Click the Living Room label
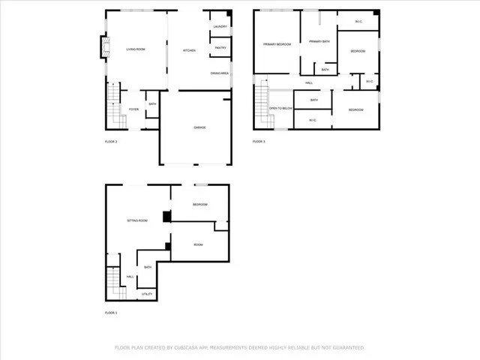pyautogui.click(x=135, y=50)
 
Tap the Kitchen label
pyautogui.click(x=190, y=50)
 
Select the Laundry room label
pyautogui.click(x=220, y=27)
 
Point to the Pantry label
pyautogui.click(x=220, y=48)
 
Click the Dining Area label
pyautogui.click(x=220, y=73)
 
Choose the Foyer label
pyautogui.click(x=133, y=109)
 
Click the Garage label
pyautogui.click(x=199, y=127)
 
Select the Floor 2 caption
pyautogui.click(x=111, y=141)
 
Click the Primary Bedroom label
pyautogui.click(x=277, y=44)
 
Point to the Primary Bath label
pyautogui.click(x=320, y=41)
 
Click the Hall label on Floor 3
pyautogui.click(x=308, y=83)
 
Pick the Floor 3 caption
pyautogui.click(x=259, y=141)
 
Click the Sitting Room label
pyautogui.click(x=136, y=220)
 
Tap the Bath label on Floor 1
pyautogui.click(x=148, y=267)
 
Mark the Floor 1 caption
pyautogui.click(x=111, y=312)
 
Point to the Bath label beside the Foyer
pyautogui.click(x=152, y=104)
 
